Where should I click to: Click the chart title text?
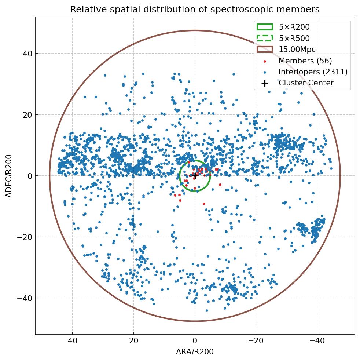(x=195, y=9)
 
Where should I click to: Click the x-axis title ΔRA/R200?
(x=195, y=352)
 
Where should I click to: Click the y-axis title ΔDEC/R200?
(x=9, y=176)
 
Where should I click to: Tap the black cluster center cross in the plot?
(x=195, y=176)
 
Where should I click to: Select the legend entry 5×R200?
(x=294, y=27)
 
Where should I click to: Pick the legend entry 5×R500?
(x=294, y=38)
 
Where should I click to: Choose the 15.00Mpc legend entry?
(x=297, y=49)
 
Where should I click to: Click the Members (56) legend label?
(x=305, y=61)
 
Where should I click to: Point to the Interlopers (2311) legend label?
(x=313, y=72)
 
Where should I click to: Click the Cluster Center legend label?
(x=306, y=83)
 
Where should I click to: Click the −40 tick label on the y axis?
(x=26, y=298)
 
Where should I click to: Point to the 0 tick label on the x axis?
(x=195, y=341)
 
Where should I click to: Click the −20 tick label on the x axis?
(x=256, y=341)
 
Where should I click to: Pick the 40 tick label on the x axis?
(x=73, y=341)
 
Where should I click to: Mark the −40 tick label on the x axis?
(x=317, y=341)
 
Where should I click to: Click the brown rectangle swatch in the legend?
(x=265, y=49)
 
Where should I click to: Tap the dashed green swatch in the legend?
(x=265, y=38)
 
